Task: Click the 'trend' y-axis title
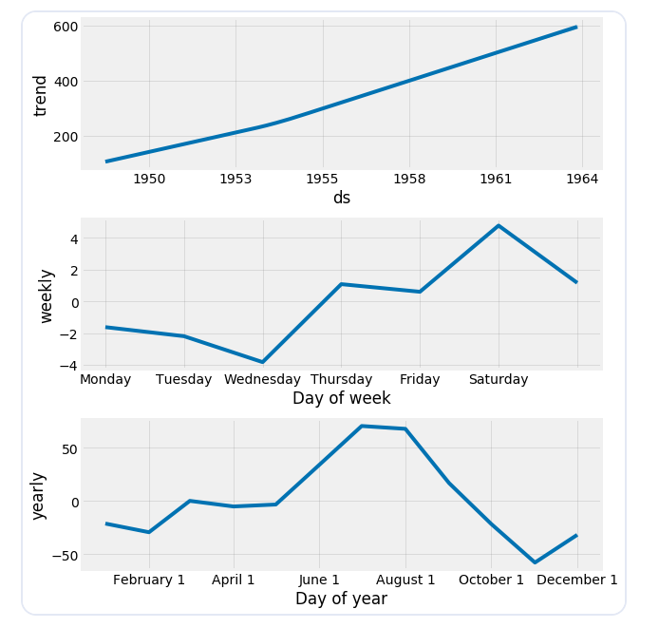(40, 95)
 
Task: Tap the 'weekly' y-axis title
(46, 295)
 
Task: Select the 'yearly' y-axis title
(38, 495)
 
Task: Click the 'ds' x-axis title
(341, 198)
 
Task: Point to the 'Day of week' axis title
(341, 398)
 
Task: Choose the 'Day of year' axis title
(341, 599)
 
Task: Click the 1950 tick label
(149, 178)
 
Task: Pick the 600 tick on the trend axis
(65, 27)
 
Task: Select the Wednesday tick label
(262, 379)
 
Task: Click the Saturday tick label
(498, 379)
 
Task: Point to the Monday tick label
(105, 379)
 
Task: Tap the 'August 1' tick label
(405, 580)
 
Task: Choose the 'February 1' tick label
(149, 580)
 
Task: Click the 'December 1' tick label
(577, 580)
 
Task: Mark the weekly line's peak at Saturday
(499, 226)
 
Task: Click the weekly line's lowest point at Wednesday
(263, 362)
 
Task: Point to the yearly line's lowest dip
(535, 562)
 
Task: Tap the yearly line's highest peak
(362, 426)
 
